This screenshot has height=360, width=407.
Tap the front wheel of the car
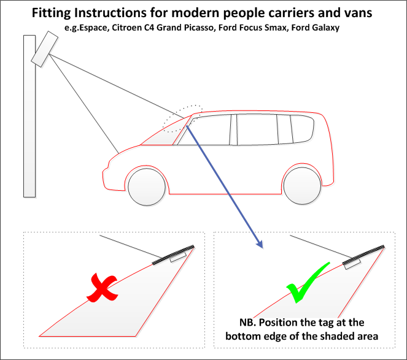[x=147, y=186]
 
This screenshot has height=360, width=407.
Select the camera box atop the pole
[x=44, y=50]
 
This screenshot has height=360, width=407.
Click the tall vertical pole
[x=29, y=117]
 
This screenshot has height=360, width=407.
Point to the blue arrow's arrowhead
[x=259, y=245]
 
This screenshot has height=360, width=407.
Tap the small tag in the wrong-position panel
[x=178, y=258]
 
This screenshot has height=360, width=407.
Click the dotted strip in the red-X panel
[x=174, y=254]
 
